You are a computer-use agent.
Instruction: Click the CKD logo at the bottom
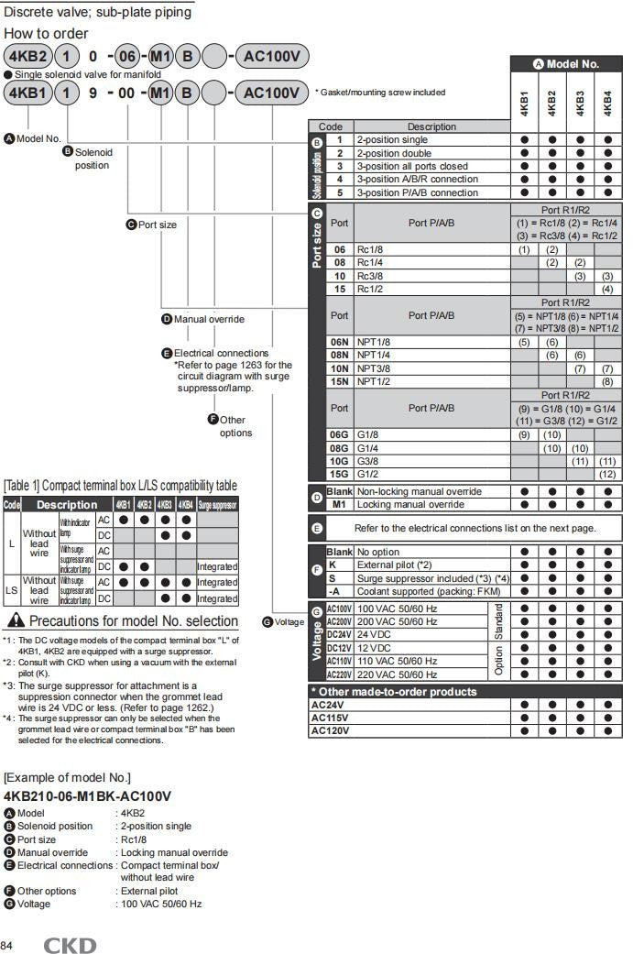(70, 945)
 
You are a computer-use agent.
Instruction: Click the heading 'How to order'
(45, 34)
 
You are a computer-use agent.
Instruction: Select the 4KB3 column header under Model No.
(580, 102)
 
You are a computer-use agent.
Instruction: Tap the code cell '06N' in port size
(340, 341)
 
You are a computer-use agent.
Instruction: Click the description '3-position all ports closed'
(411, 167)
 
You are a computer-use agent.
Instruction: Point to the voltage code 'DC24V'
(339, 634)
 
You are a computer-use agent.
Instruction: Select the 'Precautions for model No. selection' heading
(134, 621)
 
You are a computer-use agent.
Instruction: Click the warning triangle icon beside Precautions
(17, 620)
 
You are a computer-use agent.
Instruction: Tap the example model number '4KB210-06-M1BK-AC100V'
(87, 796)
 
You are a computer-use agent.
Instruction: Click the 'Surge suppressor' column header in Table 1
(217, 505)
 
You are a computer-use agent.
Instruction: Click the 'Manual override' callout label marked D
(209, 319)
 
